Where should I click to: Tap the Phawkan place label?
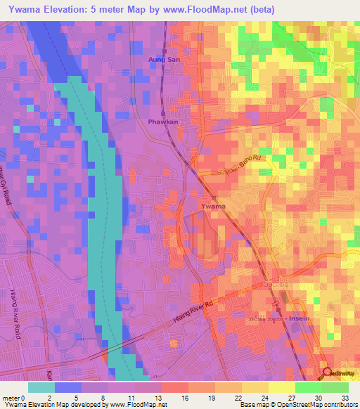162,121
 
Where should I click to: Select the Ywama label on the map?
213,206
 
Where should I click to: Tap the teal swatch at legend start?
41,388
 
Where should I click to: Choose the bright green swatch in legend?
308,388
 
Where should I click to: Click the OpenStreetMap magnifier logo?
327,372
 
